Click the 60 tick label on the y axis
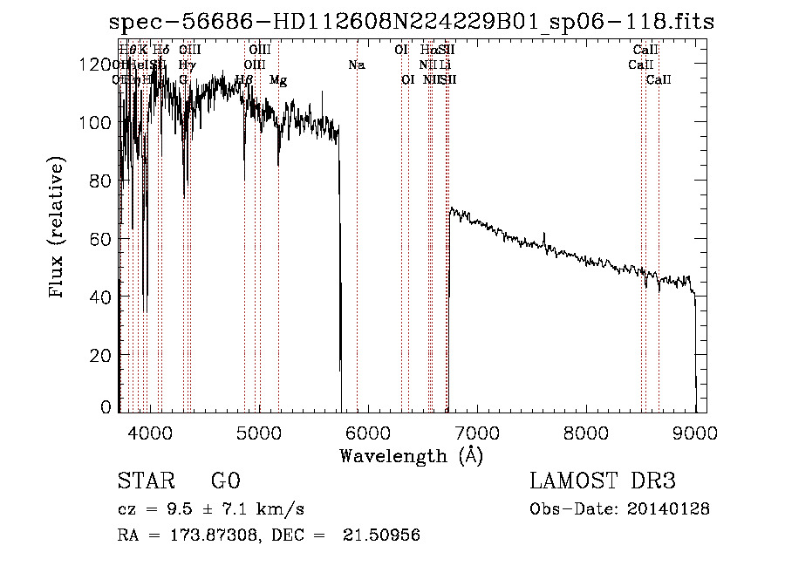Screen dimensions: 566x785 (x=99, y=239)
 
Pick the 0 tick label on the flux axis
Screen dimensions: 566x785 (x=106, y=407)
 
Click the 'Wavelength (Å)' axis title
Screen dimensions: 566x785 (x=411, y=455)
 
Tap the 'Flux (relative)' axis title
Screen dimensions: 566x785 (x=58, y=228)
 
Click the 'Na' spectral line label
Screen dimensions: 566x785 (x=356, y=65)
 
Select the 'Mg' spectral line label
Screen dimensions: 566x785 (x=278, y=80)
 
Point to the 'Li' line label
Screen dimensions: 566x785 (x=445, y=65)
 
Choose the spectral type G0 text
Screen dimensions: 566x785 (x=225, y=481)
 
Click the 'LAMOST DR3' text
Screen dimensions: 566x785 (x=603, y=481)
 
